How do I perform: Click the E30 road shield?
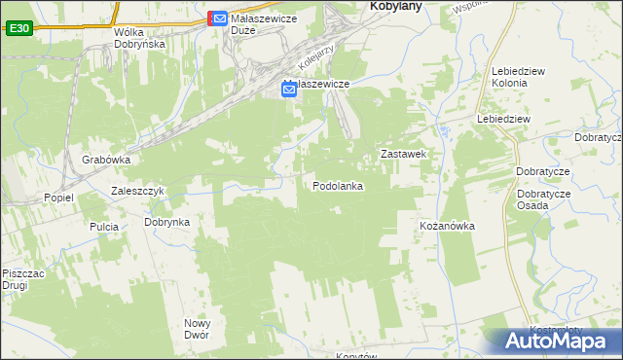pyautogui.click(x=18, y=29)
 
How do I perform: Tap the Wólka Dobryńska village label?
pyautogui.click(x=139, y=38)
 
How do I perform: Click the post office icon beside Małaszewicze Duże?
pyautogui.click(x=220, y=18)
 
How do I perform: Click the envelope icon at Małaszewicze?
pyautogui.click(x=289, y=90)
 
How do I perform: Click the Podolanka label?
pyautogui.click(x=338, y=185)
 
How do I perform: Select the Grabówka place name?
pyautogui.click(x=106, y=160)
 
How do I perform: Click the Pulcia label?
pyautogui.click(x=103, y=227)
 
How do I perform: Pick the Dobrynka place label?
pyautogui.click(x=166, y=222)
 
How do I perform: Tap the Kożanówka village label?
pyautogui.click(x=446, y=226)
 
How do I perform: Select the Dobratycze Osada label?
pyautogui.click(x=544, y=198)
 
